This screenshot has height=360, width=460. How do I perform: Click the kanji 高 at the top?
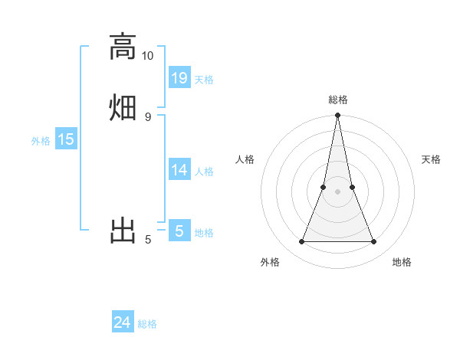tap(123, 47)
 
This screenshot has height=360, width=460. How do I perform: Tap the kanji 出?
tap(123, 230)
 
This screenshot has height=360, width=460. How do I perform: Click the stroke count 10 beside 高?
tap(147, 56)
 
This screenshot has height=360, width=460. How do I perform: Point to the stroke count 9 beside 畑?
tap(147, 116)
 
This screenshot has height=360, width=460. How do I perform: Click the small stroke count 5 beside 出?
tap(147, 240)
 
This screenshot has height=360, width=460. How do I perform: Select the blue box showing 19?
tap(179, 77)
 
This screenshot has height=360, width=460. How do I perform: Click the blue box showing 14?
tap(179, 170)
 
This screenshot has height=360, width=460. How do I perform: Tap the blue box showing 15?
tap(66, 139)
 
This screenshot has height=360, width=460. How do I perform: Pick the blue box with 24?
tap(123, 322)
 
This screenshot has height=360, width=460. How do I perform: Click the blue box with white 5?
tap(179, 231)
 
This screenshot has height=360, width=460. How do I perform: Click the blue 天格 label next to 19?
tap(204, 79)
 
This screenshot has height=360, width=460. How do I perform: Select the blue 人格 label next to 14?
tap(204, 172)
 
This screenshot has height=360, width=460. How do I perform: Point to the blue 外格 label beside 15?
tap(41, 141)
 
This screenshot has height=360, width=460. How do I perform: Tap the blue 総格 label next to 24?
tap(147, 324)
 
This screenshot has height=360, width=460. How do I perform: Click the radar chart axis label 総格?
tap(338, 100)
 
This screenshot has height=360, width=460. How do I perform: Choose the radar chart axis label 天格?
tap(431, 159)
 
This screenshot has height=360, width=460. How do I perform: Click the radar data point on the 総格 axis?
tap(338, 116)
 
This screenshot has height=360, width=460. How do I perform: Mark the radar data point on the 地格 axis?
tap(374, 242)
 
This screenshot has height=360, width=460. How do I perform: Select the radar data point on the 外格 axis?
tap(301, 242)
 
